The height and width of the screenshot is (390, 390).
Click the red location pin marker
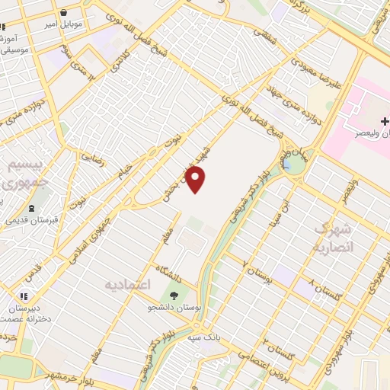click(196, 180)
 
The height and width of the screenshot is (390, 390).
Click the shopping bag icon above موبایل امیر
click(64, 13)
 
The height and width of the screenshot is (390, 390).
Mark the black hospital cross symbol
click(385, 121)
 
